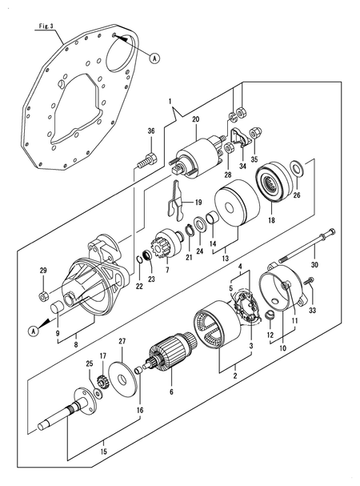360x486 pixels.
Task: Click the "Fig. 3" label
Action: pyautogui.click(x=46, y=26)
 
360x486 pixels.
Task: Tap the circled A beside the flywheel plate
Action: pyautogui.click(x=154, y=58)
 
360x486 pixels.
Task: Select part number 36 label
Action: pyautogui.click(x=151, y=131)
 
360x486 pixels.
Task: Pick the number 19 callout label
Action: pyautogui.click(x=198, y=203)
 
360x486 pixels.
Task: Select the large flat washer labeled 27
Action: pyautogui.click(x=122, y=380)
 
